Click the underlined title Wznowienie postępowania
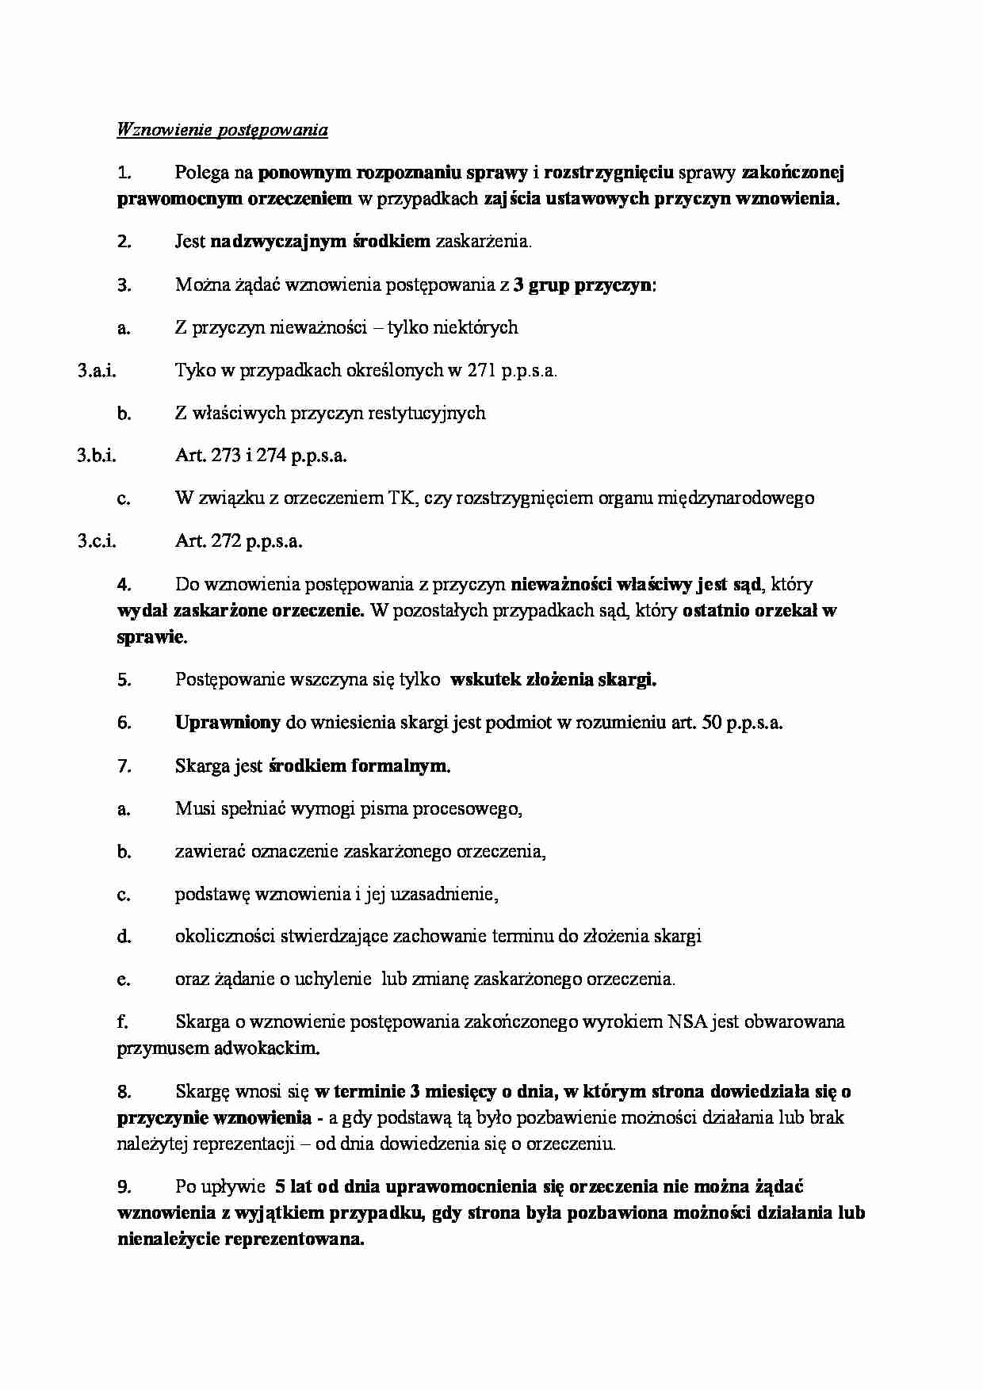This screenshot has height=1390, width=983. tap(222, 130)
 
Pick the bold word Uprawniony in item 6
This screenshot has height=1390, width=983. tap(228, 723)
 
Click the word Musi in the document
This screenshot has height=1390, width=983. tap(195, 808)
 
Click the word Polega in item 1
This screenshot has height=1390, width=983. tap(201, 173)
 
